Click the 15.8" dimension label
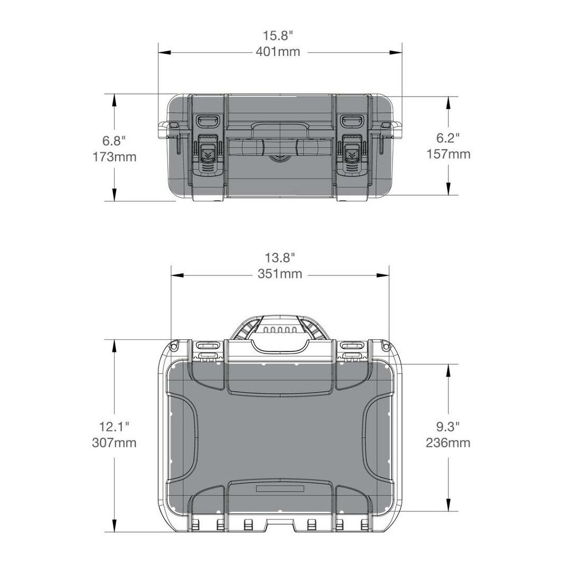click(x=278, y=36)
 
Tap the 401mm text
click(x=278, y=52)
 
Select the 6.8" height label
click(x=114, y=140)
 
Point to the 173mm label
click(x=114, y=157)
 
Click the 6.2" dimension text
click(x=448, y=137)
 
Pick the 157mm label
click(x=448, y=154)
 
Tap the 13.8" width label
click(x=280, y=258)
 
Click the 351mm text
click(x=280, y=273)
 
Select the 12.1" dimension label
click(x=114, y=426)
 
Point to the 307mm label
click(x=114, y=442)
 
